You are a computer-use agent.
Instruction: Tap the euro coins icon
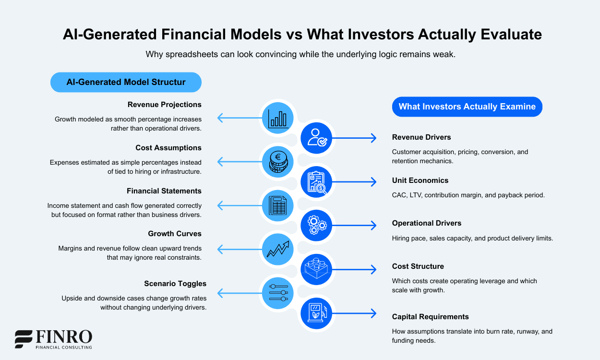[278, 161]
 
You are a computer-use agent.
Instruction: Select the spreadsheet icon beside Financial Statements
[278, 205]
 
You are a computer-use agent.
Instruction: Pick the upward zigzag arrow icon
[278, 249]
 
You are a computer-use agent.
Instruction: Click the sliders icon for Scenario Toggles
[278, 292]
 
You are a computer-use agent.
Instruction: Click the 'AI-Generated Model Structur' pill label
[126, 82]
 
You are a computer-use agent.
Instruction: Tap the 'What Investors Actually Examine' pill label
[467, 107]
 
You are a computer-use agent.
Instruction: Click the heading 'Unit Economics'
[420, 180]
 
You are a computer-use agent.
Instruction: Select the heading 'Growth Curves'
[175, 234]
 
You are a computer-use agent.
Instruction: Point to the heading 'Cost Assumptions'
[168, 148]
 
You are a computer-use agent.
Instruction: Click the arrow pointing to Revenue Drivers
[354, 138]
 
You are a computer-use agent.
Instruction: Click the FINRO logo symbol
[24, 339]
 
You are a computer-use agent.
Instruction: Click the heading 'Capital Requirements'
[430, 317]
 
